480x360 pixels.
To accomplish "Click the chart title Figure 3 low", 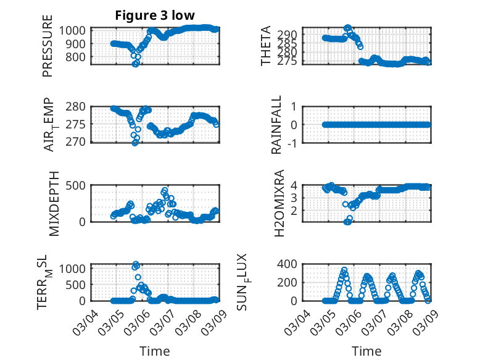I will coord(155,15).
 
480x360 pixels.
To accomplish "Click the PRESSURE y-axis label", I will coord(48,46).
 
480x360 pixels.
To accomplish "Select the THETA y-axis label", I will coord(266,46).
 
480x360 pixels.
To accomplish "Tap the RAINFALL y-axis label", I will coord(277,124).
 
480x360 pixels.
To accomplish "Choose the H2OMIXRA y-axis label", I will coord(279,202).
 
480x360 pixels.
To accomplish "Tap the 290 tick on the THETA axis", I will coord(292,35).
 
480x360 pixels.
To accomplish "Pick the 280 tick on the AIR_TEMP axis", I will coord(79,106).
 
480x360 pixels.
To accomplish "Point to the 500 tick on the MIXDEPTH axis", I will coord(79,185).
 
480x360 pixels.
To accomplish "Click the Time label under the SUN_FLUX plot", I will coord(366,351).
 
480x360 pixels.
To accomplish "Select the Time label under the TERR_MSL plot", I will coord(154,351).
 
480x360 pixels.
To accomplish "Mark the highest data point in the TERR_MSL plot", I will coord(136,264).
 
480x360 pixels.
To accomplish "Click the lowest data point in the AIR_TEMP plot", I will coord(135,142).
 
